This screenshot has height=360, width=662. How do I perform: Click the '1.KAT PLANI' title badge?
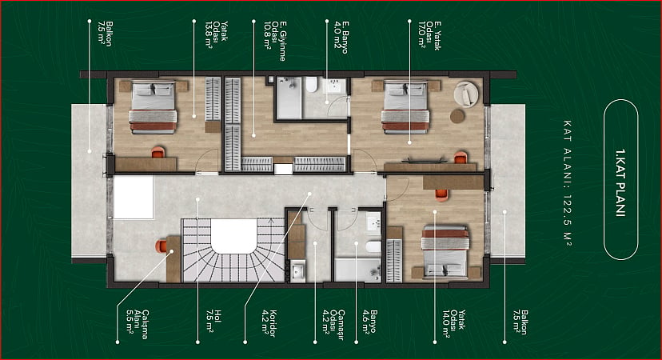pos(620,179)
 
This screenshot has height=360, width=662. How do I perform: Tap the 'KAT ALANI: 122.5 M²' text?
pos(568,183)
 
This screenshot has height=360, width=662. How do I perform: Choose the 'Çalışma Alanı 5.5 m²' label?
pos(138,325)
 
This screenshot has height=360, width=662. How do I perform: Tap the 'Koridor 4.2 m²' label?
pos(269,323)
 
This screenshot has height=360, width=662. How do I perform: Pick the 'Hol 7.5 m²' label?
pos(213,321)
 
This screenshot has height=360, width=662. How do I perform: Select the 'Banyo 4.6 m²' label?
pos(368,322)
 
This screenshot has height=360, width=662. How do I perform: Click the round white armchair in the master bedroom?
pos(466,94)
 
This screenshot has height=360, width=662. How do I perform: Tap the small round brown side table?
pos(457,116)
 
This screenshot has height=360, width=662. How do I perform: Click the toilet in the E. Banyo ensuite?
pos(311,85)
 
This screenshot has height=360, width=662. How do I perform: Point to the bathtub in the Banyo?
pos(357,270)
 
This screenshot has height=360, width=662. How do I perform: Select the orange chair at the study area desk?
pos(162,246)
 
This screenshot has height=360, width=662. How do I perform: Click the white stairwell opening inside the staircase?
pos(233,235)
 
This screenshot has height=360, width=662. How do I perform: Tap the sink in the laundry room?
pos(298,271)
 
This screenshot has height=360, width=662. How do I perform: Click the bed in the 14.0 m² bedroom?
pos(445,252)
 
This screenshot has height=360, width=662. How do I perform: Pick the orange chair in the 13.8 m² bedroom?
pos(158,152)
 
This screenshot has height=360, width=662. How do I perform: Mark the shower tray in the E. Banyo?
pos(289,98)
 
